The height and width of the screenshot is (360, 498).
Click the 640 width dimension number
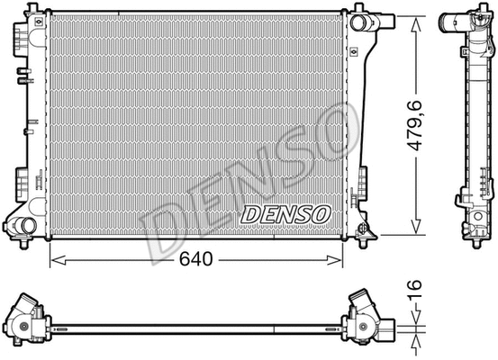[x=195, y=260]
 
